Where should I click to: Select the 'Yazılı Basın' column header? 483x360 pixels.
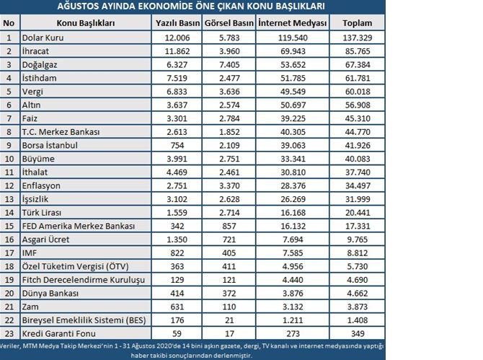click(177, 23)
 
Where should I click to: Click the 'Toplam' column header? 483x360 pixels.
click(358, 23)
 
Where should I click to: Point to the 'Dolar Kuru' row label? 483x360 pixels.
click(43, 36)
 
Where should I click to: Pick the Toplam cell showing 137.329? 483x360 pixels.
click(358, 36)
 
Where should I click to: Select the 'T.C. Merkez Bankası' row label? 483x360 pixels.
click(61, 132)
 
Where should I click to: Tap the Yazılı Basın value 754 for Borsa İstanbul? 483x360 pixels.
click(177, 145)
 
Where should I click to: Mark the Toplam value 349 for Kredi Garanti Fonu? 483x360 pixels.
click(358, 334)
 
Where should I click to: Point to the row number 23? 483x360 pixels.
click(9, 334)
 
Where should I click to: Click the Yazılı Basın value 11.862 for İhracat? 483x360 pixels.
click(177, 51)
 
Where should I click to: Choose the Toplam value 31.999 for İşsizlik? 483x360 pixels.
click(358, 199)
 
